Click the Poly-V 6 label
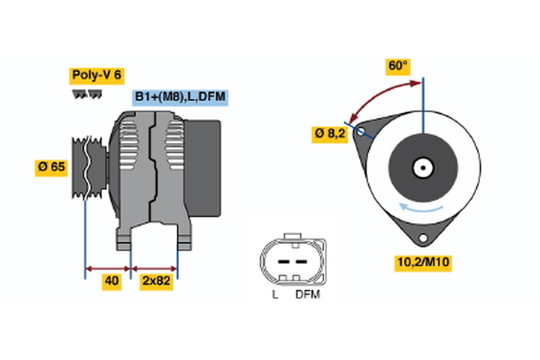coord(96,76)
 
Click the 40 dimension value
coord(112,281)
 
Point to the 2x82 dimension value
coord(155,281)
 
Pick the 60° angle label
coord(398,66)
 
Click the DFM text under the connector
coord(306,294)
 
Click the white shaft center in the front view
coord(422,166)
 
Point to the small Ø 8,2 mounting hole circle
coord(362,130)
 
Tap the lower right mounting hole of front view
coord(420,237)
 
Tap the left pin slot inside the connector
coord(278,260)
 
